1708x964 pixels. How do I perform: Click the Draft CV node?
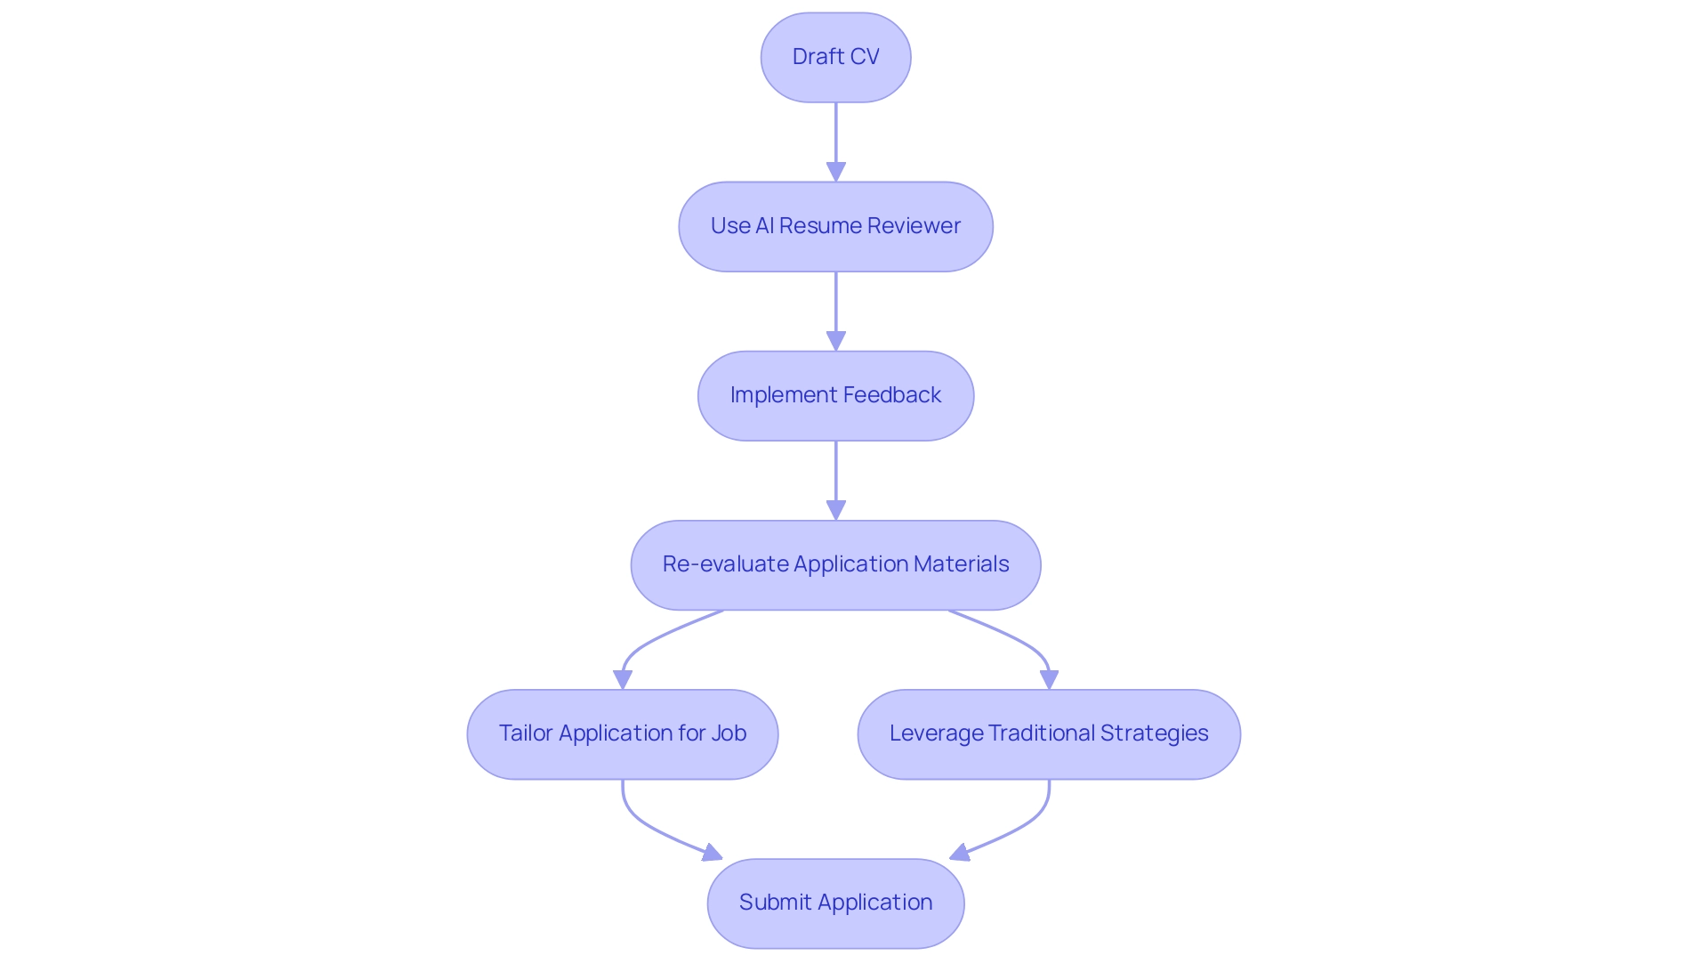pos(835,57)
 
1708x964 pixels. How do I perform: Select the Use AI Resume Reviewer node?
pos(835,226)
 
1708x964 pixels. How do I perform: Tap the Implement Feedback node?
pos(835,395)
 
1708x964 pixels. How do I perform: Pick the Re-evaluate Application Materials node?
pos(835,564)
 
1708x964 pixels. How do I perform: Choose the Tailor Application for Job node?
pos(622,733)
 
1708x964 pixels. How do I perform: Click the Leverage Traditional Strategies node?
pos(1049,733)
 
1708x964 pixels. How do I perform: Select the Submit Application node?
pos(835,903)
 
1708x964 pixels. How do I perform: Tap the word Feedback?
pos(891,395)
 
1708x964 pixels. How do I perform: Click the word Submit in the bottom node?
pos(775,903)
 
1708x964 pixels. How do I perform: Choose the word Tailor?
pos(526,733)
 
